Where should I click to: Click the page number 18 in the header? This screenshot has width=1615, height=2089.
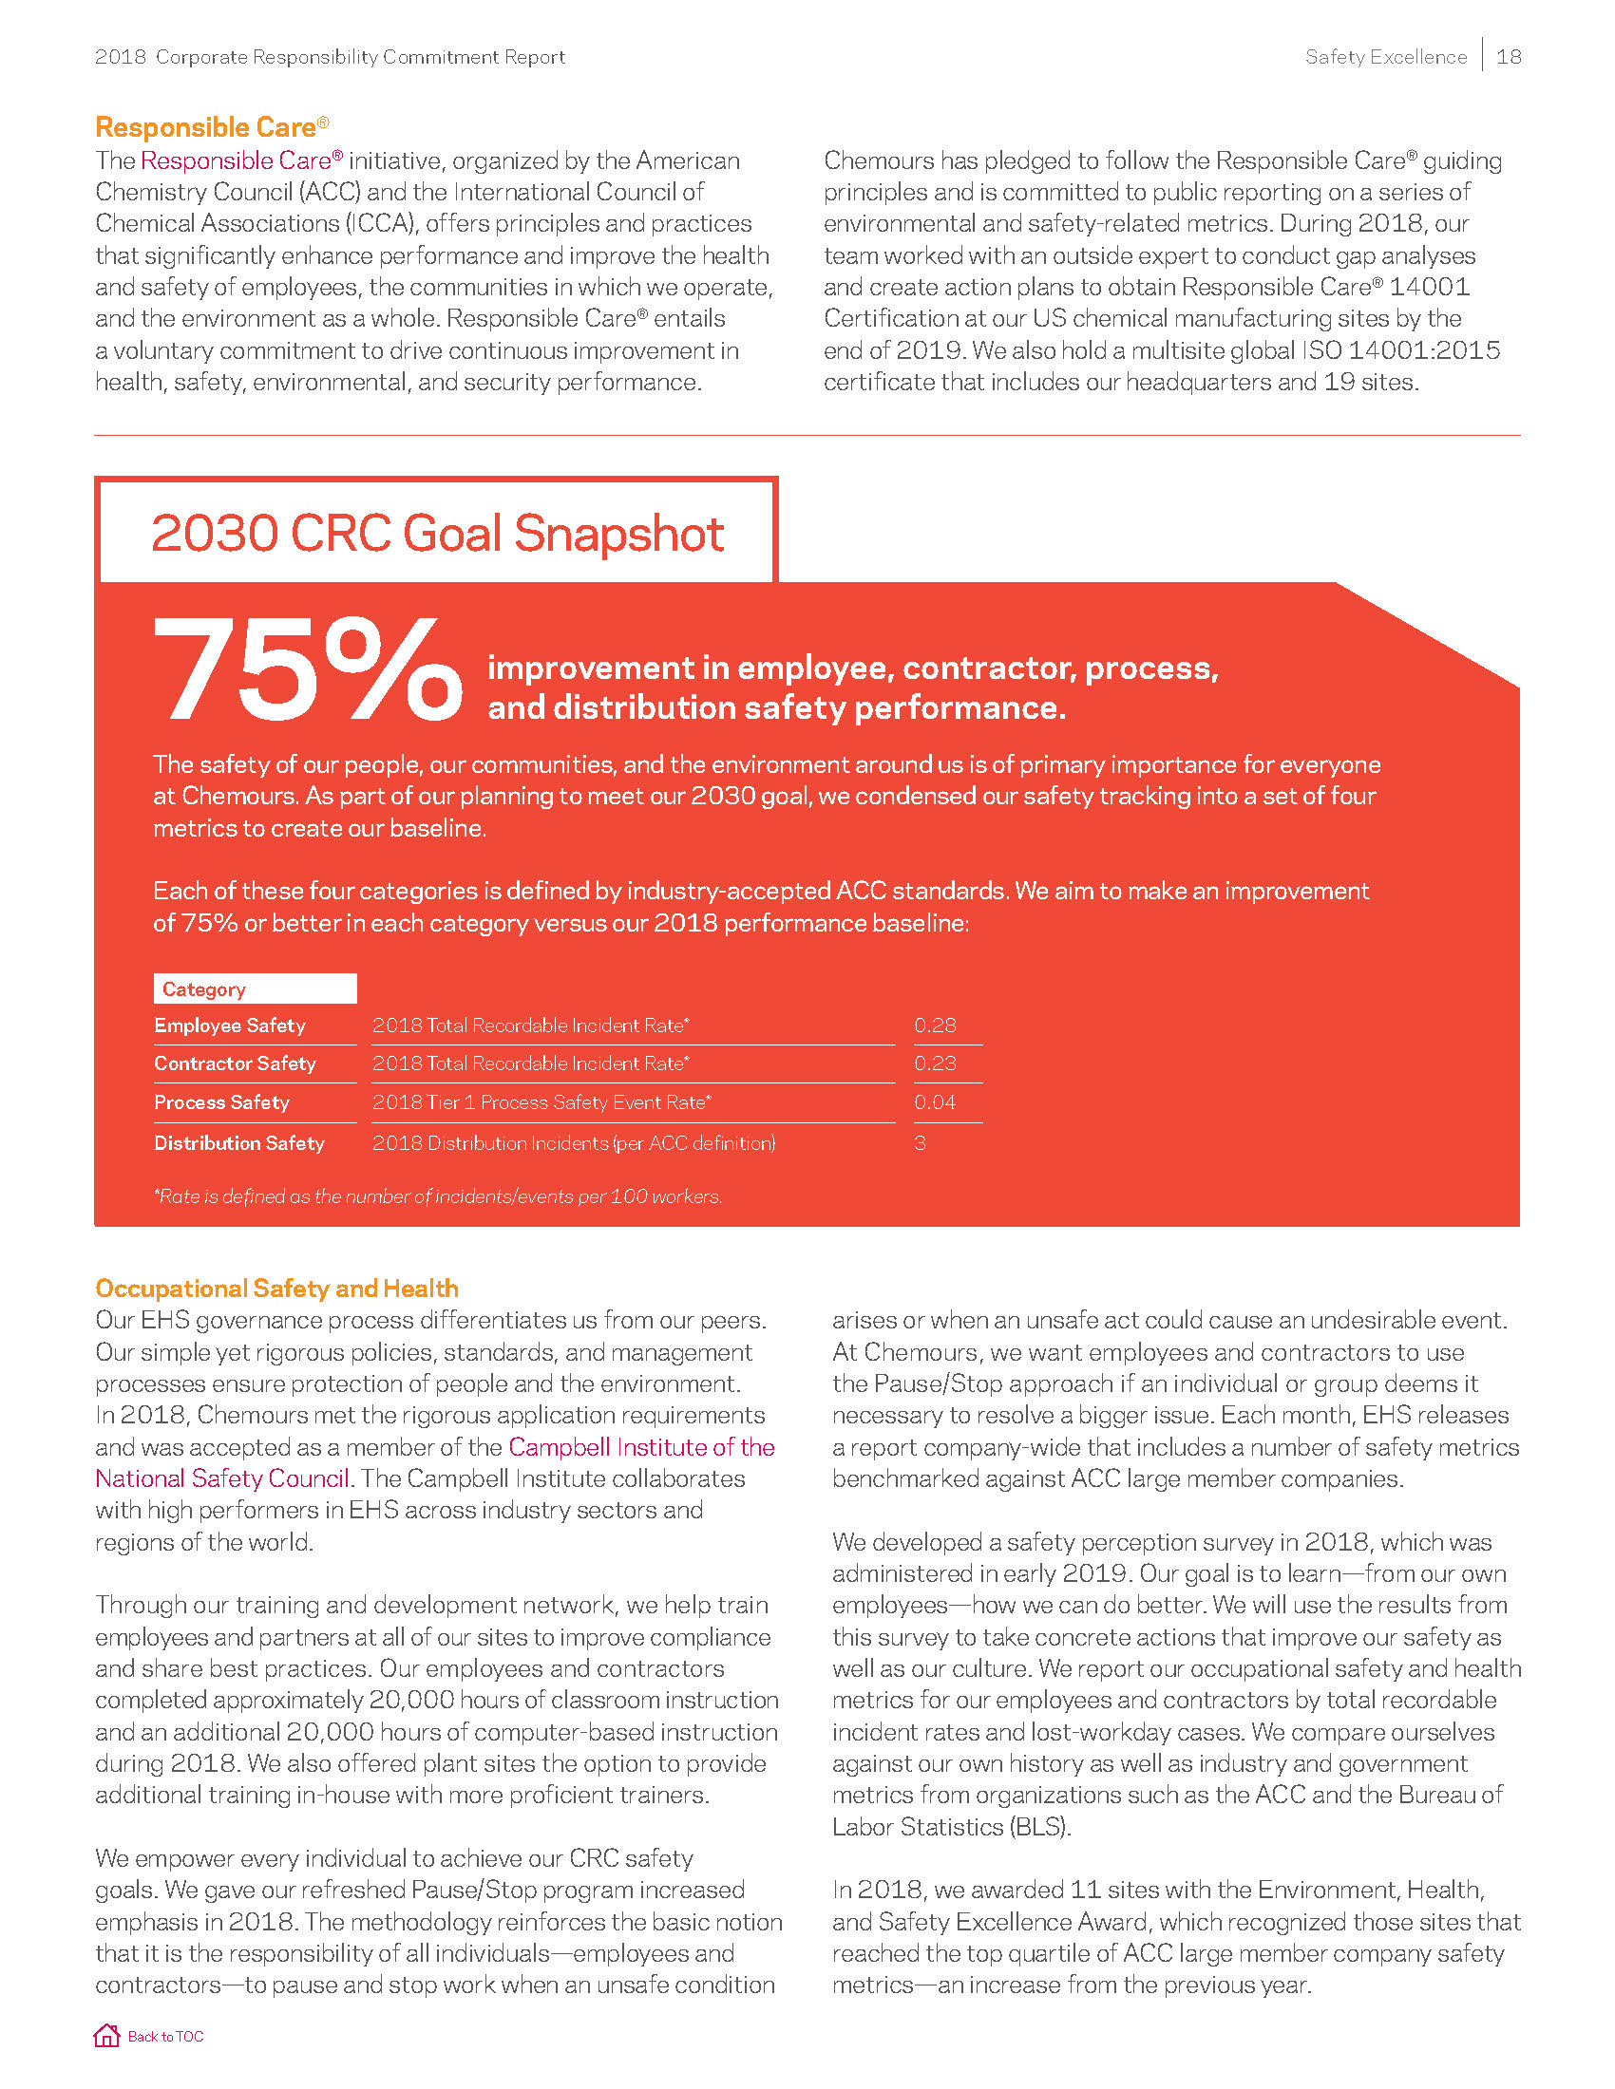pos(1509,56)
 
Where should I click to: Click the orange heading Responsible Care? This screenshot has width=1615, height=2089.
pos(206,127)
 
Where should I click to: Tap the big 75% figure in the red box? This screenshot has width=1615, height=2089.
pos(306,668)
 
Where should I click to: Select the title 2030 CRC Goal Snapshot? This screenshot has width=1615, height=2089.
pos(437,533)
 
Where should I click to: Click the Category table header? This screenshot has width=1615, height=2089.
pos(204,989)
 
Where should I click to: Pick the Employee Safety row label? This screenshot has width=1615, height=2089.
pos(230,1026)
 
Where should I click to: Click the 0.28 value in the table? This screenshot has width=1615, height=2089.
pos(935,1026)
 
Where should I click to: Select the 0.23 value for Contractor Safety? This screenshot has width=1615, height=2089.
pos(935,1063)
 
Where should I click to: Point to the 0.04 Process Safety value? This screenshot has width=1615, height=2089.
pos(935,1102)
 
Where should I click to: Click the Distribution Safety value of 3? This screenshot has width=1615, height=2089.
pos(921,1143)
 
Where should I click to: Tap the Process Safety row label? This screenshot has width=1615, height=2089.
pos(222,1102)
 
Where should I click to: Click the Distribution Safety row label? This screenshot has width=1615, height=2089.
pos(239,1143)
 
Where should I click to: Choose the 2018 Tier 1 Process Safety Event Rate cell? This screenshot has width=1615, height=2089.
pos(541,1102)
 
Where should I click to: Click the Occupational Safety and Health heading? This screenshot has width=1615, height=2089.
pos(276,1289)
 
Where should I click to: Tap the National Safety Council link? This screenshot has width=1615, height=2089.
pos(222,1478)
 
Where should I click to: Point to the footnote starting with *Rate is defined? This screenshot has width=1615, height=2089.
pos(437,1196)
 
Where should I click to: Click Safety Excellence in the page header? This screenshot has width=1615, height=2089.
pos(1385,56)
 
